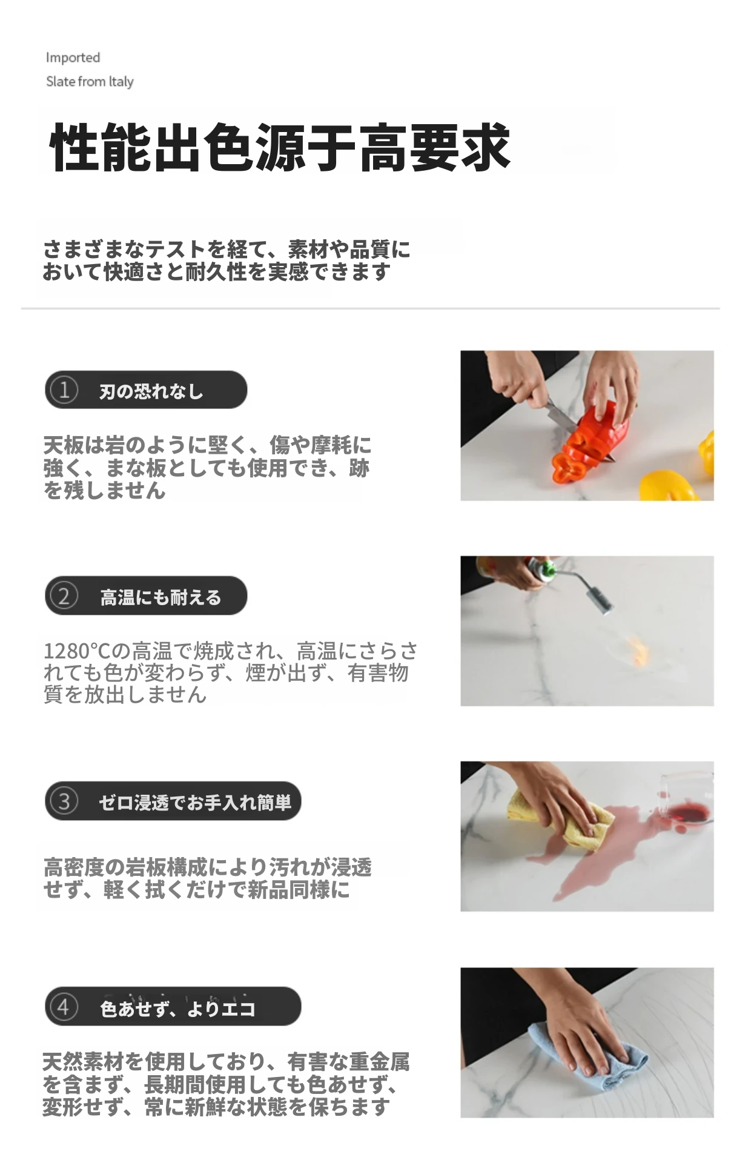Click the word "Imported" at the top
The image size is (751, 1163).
[x=73, y=58]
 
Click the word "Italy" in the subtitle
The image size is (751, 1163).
[x=121, y=82]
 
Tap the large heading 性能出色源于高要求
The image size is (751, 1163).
[x=279, y=147]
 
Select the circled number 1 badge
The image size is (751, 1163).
[x=64, y=390]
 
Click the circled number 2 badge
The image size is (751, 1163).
[x=64, y=596]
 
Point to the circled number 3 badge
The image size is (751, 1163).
[x=64, y=801]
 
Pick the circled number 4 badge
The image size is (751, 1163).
[x=64, y=1007]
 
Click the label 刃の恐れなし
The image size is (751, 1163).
[x=151, y=391]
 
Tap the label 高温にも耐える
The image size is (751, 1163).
[x=161, y=597]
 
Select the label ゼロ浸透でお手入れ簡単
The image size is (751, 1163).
[x=196, y=803]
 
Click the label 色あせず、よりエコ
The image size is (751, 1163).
[x=178, y=1009]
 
